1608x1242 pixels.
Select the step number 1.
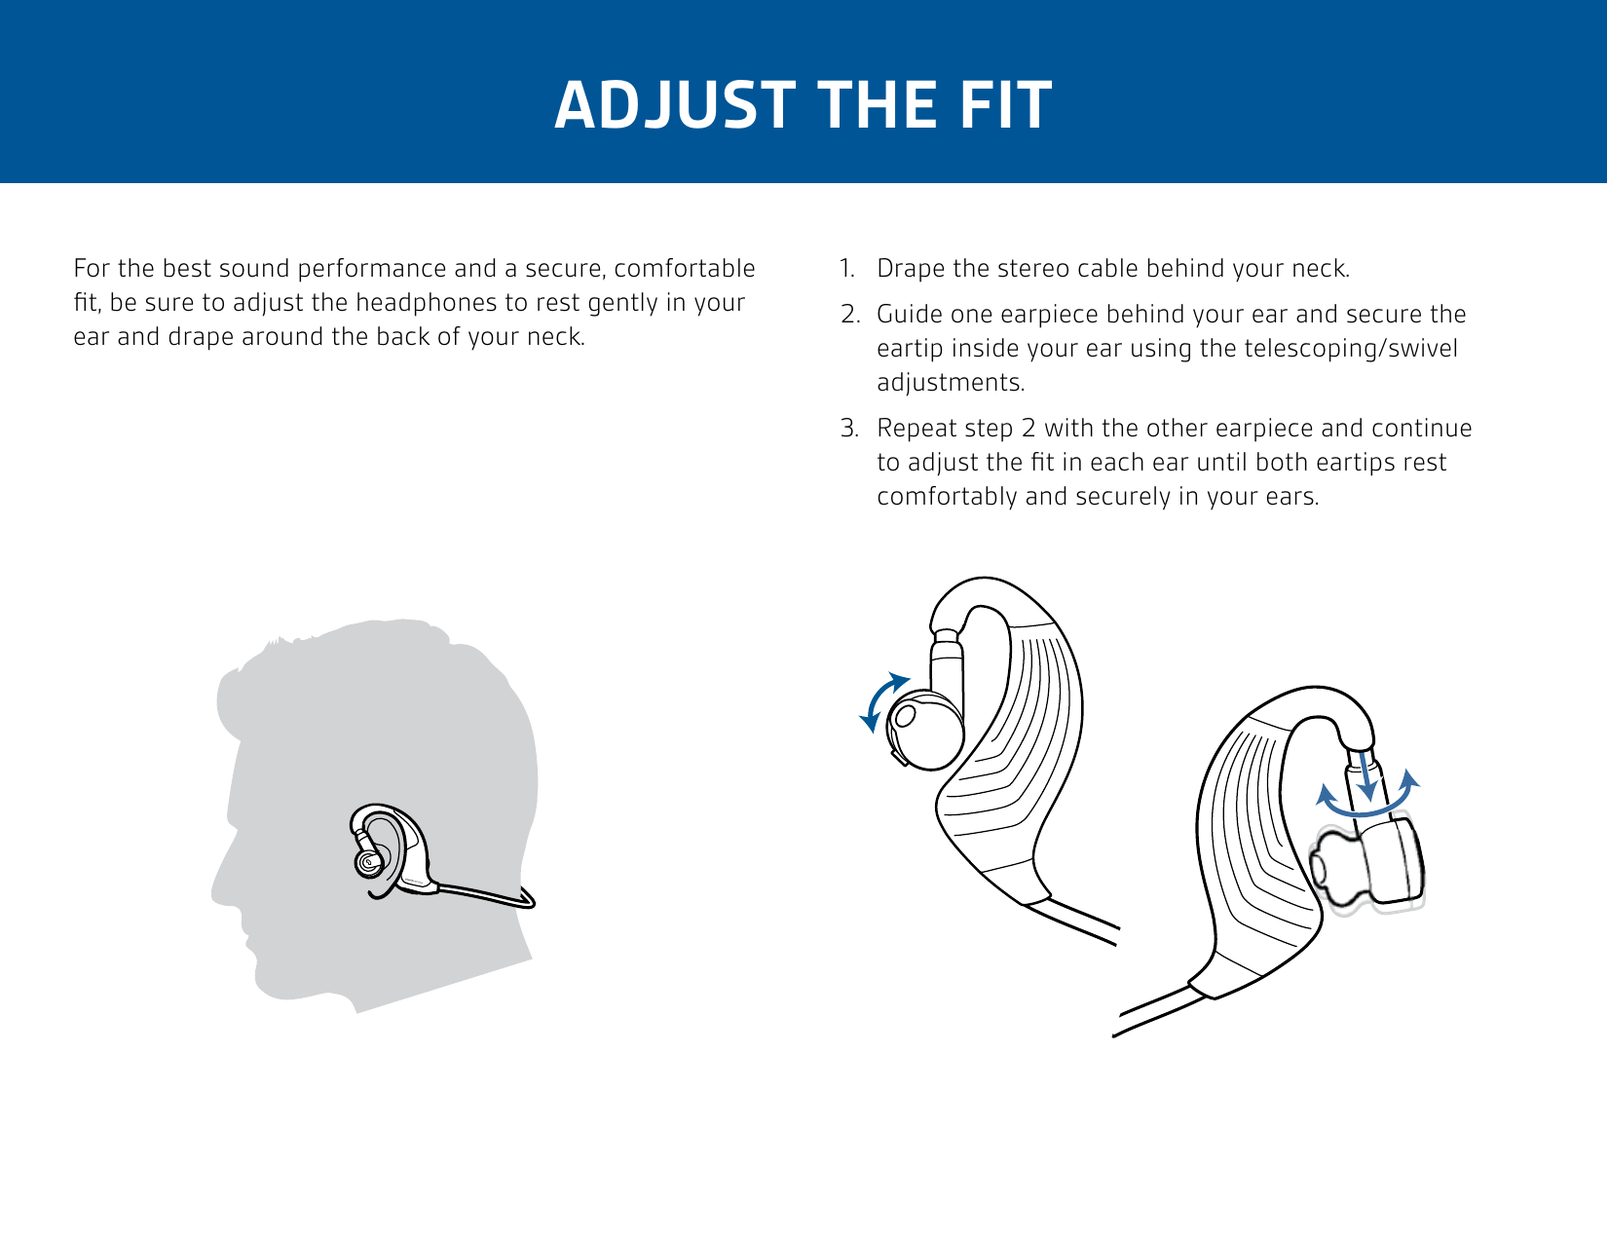click(847, 269)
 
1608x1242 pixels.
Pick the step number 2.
click(850, 315)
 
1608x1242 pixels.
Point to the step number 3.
click(850, 429)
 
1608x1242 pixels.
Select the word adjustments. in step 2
click(951, 383)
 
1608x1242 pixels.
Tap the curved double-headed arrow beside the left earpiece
click(880, 701)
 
